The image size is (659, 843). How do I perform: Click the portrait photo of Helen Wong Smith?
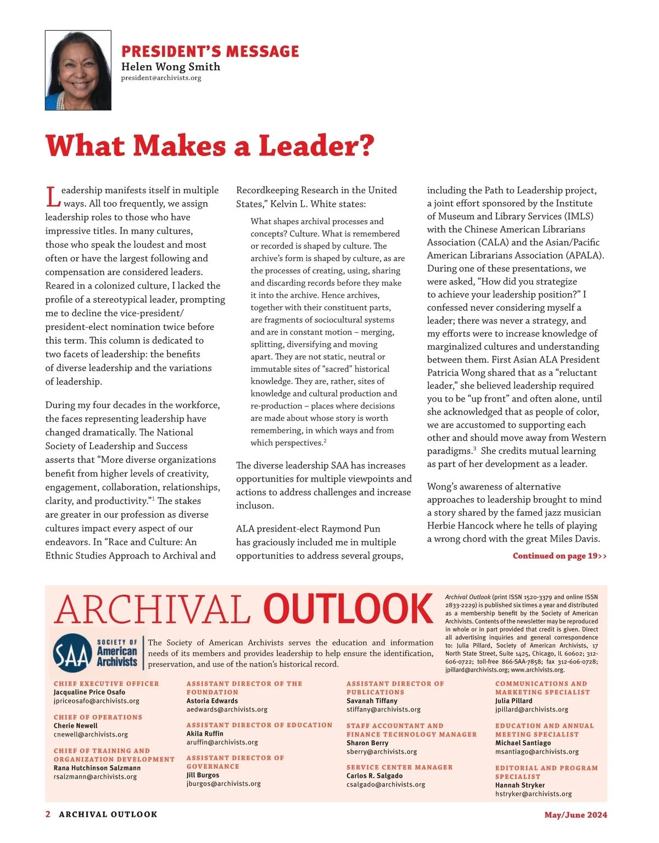pos(78,70)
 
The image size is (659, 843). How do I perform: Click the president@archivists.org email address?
pos(161,78)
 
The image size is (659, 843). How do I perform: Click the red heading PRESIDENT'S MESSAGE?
pos(210,52)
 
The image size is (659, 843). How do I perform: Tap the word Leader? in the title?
pos(316,146)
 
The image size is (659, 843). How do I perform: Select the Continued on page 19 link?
pos(559,556)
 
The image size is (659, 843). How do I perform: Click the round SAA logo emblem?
pos(72,654)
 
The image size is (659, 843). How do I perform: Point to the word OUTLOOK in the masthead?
pos(348,610)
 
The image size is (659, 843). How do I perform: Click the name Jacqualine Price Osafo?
pos(90,692)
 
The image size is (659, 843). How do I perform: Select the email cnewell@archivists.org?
pos(91,734)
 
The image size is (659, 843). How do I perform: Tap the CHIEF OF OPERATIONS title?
pos(98,717)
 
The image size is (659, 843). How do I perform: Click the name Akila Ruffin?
pos(205,734)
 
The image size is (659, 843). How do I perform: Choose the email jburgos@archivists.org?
pos(224,784)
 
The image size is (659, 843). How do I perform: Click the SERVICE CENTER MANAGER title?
pos(399,767)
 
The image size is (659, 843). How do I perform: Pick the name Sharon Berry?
pos(367,743)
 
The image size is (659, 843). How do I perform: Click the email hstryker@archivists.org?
pos(533,794)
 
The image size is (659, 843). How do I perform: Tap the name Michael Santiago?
pos(523,743)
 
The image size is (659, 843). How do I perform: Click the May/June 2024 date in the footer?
pos(576,815)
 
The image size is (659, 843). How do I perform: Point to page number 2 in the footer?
pos(48,814)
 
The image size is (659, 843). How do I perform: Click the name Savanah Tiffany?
pos(372,701)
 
